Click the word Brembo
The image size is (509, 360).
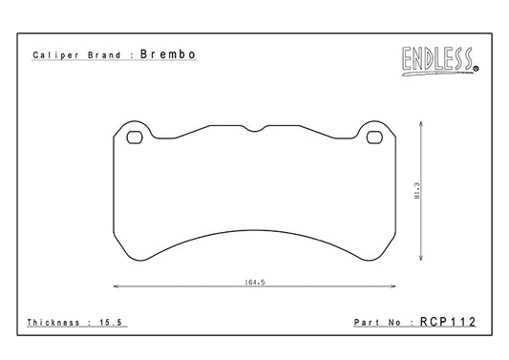[x=168, y=54]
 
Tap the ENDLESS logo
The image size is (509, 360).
[x=440, y=61]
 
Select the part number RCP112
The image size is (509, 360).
[x=448, y=322]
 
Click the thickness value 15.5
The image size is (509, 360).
[x=111, y=323]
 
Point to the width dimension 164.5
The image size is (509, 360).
[x=255, y=282]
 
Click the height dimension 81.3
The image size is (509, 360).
[x=417, y=191]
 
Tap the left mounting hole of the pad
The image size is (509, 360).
[x=135, y=138]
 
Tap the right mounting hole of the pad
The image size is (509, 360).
[x=374, y=138]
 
